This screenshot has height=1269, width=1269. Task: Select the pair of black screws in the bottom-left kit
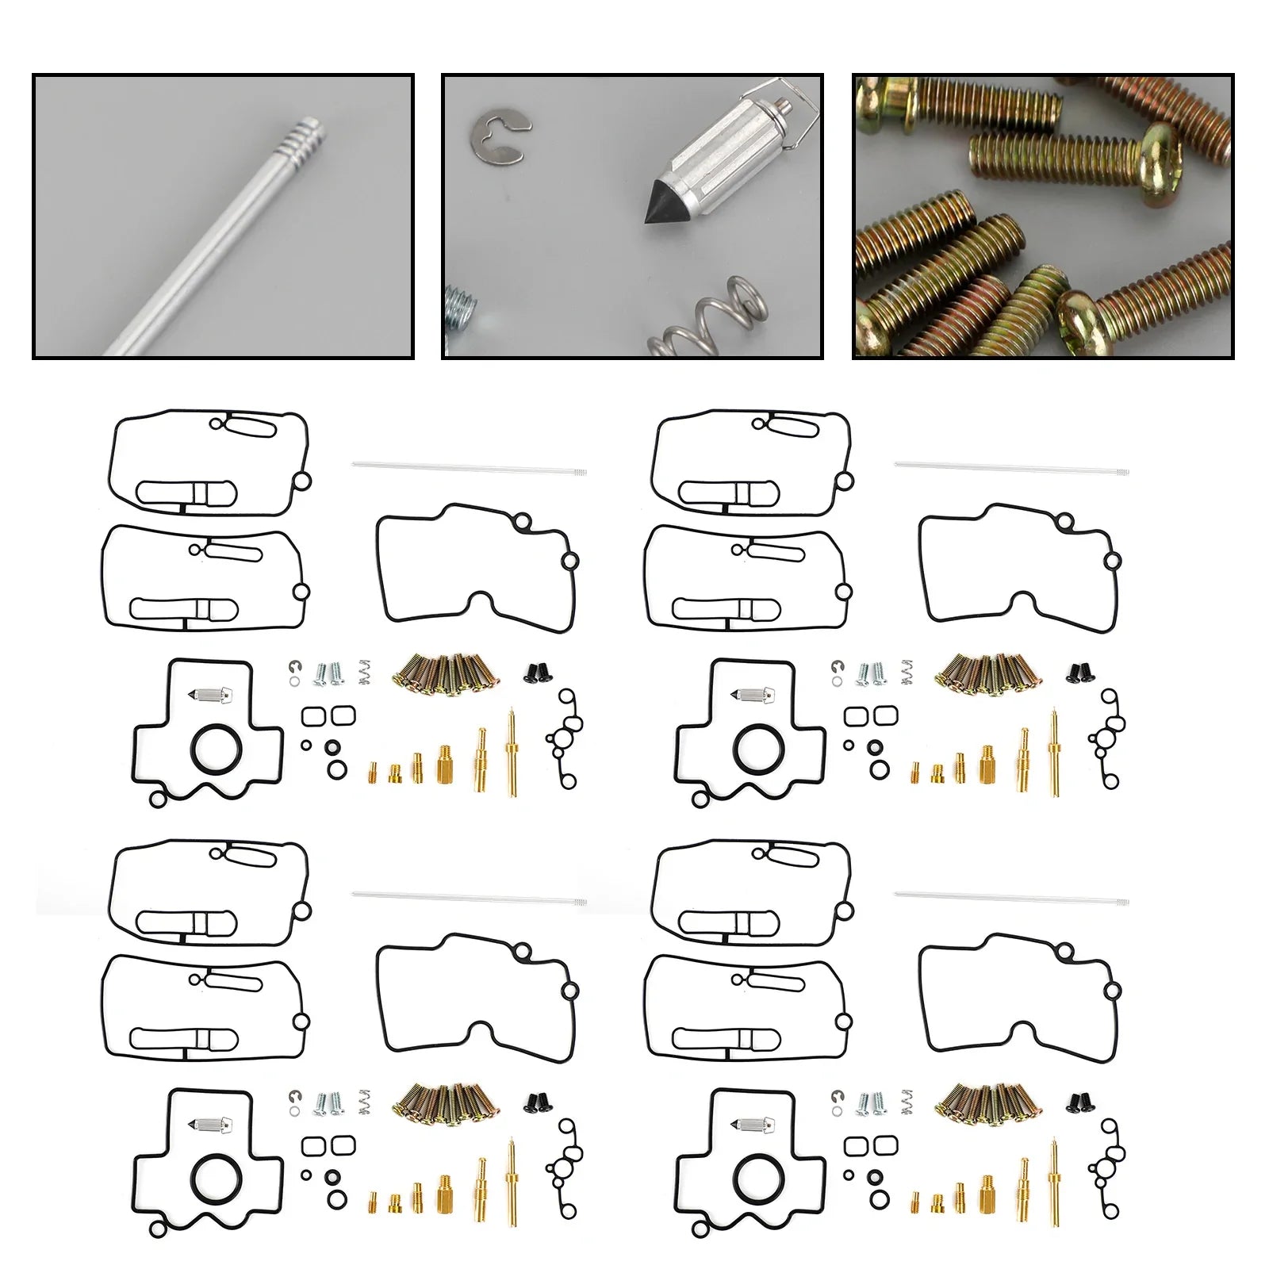tap(539, 1102)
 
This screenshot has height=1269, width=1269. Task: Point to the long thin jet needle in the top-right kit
tap(1011, 468)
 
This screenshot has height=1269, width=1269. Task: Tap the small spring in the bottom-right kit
tap(907, 1102)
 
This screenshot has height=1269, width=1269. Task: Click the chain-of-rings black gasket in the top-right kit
tap(1107, 738)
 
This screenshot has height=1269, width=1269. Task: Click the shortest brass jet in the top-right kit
tap(914, 772)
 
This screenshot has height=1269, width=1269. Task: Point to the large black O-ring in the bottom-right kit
tap(759, 1179)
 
